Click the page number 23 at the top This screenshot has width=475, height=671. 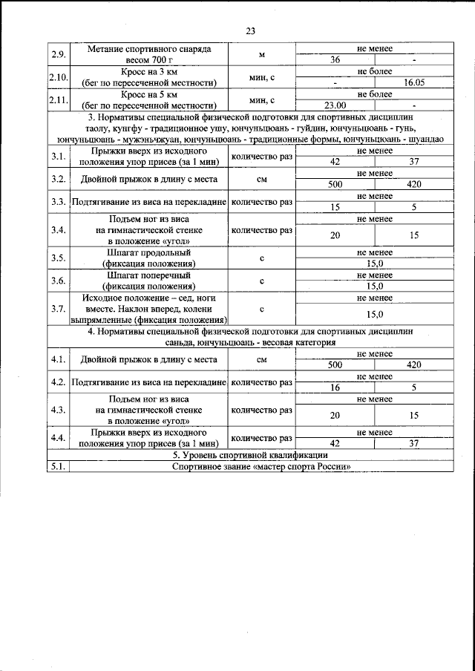click(249, 31)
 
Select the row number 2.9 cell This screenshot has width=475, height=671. click(58, 54)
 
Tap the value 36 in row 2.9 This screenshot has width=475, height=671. click(335, 59)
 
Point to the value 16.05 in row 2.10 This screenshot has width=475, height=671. click(414, 82)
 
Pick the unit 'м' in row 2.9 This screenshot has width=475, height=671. click(262, 54)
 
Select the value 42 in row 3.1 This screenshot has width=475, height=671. click(335, 162)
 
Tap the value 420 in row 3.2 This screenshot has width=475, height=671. click(414, 185)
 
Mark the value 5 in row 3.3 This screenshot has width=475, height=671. click(414, 208)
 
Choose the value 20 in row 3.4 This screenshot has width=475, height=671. click(335, 235)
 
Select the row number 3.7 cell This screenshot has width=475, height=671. click(58, 309)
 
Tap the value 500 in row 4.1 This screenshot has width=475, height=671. click(335, 365)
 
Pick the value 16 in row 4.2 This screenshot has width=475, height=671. click(335, 387)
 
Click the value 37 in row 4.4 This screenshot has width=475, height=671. click(414, 443)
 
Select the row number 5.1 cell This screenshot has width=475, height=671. click(58, 466)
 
